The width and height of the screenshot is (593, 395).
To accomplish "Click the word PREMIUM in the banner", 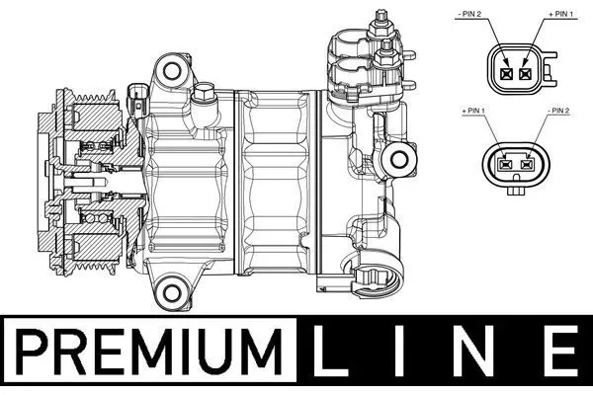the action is [148, 352].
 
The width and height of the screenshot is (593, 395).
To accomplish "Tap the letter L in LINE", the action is [330, 352].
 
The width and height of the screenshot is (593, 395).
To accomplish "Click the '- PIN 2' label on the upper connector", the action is [468, 14].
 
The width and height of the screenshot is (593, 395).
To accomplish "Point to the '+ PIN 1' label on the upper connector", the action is [560, 14].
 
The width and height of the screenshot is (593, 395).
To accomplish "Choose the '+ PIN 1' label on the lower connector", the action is [473, 111].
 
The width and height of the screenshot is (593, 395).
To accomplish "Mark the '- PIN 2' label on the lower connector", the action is [558, 111].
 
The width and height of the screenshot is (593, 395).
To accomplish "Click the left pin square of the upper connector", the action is [506, 73].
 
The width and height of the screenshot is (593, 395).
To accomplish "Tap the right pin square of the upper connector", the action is [525, 73].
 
